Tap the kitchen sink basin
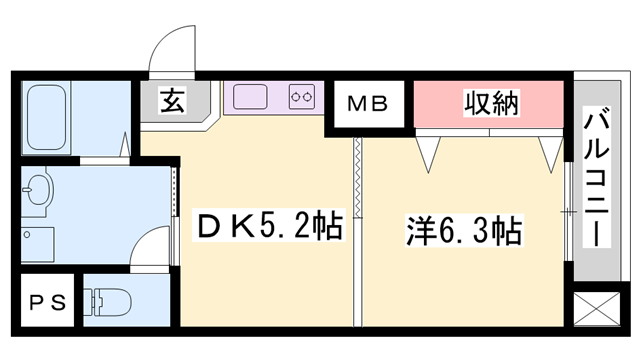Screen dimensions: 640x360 250,97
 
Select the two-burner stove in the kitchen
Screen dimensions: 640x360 303,97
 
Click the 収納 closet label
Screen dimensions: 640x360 489,102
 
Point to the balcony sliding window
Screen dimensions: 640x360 566,210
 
